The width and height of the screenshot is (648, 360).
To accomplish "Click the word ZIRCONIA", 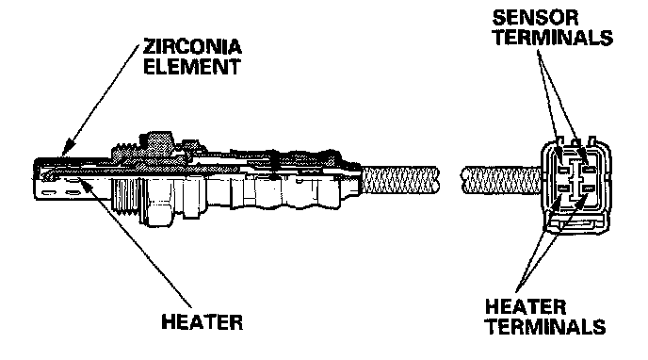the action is point(192,47).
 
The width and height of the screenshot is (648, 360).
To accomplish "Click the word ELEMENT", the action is point(192,67).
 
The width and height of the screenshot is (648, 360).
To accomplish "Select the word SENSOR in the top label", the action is point(535,18).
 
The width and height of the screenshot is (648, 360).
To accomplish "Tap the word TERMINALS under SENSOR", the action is point(553,38).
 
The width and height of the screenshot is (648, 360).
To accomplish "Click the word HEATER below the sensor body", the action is point(202,322).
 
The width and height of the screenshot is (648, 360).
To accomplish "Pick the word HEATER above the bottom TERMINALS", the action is point(526,307).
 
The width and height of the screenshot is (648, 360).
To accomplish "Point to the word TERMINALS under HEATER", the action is point(545,326).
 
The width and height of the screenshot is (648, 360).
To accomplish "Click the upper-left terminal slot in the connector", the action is point(563,170).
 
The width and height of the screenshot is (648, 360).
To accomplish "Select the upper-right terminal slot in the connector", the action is point(588,170).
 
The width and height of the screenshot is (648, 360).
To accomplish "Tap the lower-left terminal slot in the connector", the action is point(563,188).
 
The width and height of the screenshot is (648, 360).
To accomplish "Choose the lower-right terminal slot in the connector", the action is point(588,188).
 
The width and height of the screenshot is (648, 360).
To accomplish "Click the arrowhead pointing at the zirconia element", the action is point(68,148).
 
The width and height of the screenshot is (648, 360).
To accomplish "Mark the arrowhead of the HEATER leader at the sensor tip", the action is point(85,184).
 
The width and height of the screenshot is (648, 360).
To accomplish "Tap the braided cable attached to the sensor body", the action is point(400,180).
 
